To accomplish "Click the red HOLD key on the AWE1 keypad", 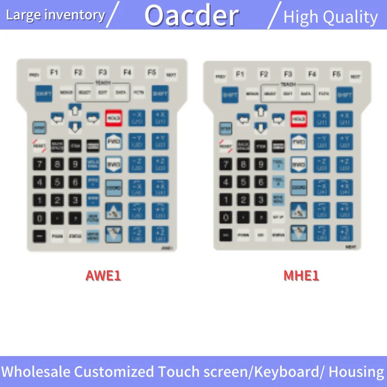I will (113, 118).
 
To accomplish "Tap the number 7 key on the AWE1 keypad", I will (40, 164).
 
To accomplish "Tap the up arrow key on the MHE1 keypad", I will (261, 111).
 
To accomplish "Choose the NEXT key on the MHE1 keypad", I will (355, 76).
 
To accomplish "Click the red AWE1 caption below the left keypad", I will (103, 276).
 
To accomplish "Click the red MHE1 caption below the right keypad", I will (301, 276).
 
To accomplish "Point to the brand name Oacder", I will (192, 15).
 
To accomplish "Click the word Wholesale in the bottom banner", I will (36, 372).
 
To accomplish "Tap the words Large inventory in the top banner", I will (55, 15).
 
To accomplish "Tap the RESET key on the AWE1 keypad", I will (39, 146).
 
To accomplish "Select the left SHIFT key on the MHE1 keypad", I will (230, 95).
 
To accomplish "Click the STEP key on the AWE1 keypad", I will (39, 128).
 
